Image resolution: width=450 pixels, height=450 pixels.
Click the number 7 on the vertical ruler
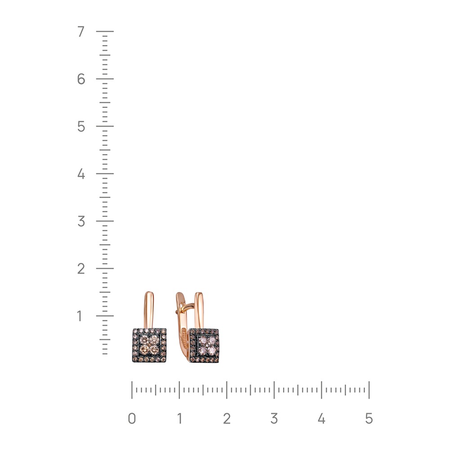[81, 31]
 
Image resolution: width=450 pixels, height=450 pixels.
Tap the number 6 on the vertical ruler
[81, 79]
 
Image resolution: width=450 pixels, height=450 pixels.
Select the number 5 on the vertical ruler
[81, 126]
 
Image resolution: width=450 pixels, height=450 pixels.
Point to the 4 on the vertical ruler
[81, 174]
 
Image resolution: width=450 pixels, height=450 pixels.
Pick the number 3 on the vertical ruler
[81, 221]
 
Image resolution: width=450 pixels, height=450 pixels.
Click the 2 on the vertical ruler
[81, 269]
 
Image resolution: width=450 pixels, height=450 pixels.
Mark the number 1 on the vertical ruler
[80, 316]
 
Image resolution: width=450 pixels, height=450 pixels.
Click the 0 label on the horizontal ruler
[132, 418]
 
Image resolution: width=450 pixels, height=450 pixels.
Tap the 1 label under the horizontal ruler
[180, 418]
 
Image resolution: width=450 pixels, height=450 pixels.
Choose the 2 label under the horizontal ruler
[227, 418]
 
